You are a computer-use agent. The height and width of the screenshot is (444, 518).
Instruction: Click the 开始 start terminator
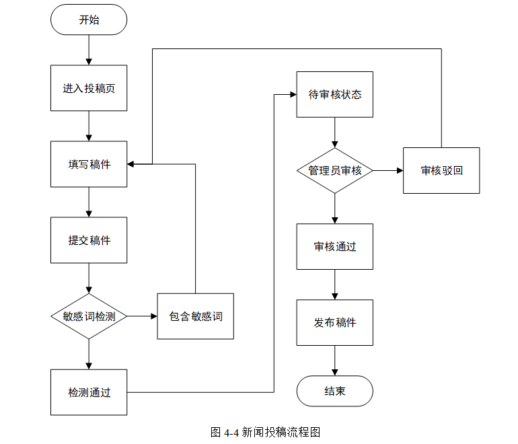coord(89,20)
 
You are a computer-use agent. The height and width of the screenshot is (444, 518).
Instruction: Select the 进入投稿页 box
coord(89,88)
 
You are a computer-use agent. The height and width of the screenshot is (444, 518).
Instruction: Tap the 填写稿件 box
coord(89,164)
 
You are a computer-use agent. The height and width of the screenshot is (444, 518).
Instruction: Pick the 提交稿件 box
coord(89,240)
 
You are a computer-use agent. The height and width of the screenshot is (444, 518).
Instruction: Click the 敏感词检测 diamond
coord(89,316)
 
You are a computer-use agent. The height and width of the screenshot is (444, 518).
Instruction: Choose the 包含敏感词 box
coord(196,316)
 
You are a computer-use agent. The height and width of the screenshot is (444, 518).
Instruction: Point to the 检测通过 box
coord(89,392)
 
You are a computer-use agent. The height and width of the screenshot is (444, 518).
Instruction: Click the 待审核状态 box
coord(334,94)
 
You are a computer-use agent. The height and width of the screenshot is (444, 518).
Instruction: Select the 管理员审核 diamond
coord(334,170)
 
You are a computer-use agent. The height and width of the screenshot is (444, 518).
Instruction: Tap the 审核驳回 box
coord(441,170)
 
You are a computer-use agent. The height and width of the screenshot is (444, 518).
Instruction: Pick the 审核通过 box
coord(334,246)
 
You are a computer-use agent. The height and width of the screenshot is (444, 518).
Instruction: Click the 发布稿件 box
coord(334,323)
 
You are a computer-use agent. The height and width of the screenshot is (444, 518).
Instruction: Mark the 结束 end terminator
coord(334,391)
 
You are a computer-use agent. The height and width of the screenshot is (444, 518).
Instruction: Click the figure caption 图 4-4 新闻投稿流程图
coord(265,432)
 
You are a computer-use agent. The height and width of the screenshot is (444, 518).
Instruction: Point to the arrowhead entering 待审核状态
coord(293,94)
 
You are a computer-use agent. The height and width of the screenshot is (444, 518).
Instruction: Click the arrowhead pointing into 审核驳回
coord(400,170)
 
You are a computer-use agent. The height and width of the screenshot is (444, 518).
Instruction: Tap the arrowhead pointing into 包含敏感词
coord(154,316)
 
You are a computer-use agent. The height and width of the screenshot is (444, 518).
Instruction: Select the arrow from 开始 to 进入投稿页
coord(89,50)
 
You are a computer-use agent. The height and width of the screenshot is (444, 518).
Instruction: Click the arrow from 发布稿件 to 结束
coord(334,361)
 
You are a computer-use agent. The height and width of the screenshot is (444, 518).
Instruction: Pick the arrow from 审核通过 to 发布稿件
coord(334,285)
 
